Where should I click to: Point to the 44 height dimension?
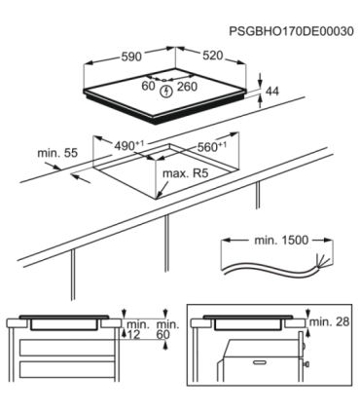click(x=274, y=91)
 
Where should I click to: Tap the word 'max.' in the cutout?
click(x=172, y=173)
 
